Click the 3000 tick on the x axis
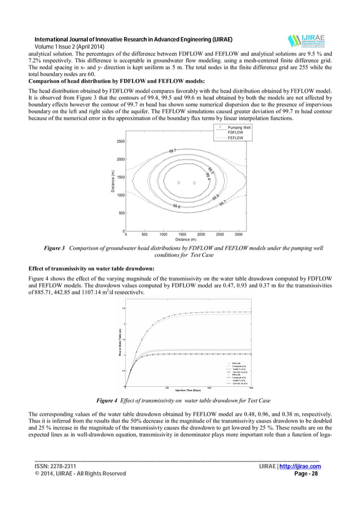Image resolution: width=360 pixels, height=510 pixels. click(x=238, y=234)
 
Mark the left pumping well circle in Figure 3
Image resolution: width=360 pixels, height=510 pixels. click(x=178, y=183)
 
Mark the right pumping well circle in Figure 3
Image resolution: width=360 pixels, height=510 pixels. click(x=194, y=183)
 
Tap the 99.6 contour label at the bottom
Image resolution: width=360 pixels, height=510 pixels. click(x=177, y=207)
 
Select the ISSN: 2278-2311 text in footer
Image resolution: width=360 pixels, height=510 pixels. click(x=55, y=467)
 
